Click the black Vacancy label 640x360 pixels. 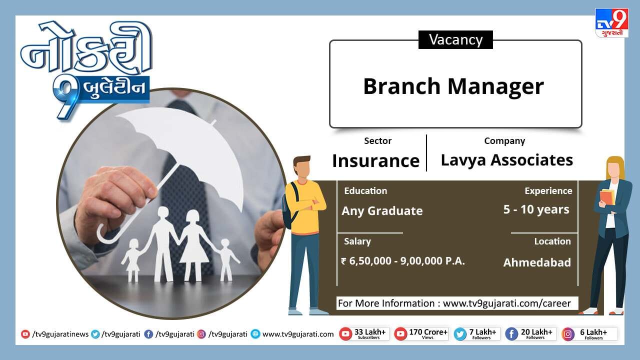pyautogui.click(x=455, y=39)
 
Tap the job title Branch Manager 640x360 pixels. pyautogui.click(x=453, y=86)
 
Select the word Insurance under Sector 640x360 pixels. pyautogui.click(x=375, y=160)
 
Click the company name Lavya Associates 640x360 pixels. pyautogui.click(x=507, y=159)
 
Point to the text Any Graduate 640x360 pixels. pyautogui.click(x=382, y=211)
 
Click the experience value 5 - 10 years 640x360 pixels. pyautogui.click(x=536, y=209)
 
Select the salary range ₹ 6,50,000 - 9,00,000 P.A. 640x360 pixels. pyautogui.click(x=403, y=261)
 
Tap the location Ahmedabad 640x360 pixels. pyautogui.click(x=537, y=262)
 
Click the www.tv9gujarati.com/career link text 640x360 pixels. pyautogui.click(x=507, y=303)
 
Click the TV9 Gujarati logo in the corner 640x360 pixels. pyautogui.click(x=611, y=23)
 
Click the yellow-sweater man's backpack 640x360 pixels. pyautogui.click(x=289, y=205)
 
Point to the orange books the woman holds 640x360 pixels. pyautogui.click(x=607, y=196)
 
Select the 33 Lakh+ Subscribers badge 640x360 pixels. pyautogui.click(x=364, y=334)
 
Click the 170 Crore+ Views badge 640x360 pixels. pyautogui.click(x=421, y=334)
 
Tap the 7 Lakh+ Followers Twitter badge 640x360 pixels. pyautogui.click(x=477, y=334)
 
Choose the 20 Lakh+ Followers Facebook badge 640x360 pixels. pyautogui.click(x=531, y=334)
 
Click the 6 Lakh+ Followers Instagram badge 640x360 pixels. pyautogui.click(x=589, y=334)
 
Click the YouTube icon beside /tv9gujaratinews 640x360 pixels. pyautogui.click(x=25, y=334)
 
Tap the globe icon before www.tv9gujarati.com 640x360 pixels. pyautogui.click(x=255, y=334)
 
